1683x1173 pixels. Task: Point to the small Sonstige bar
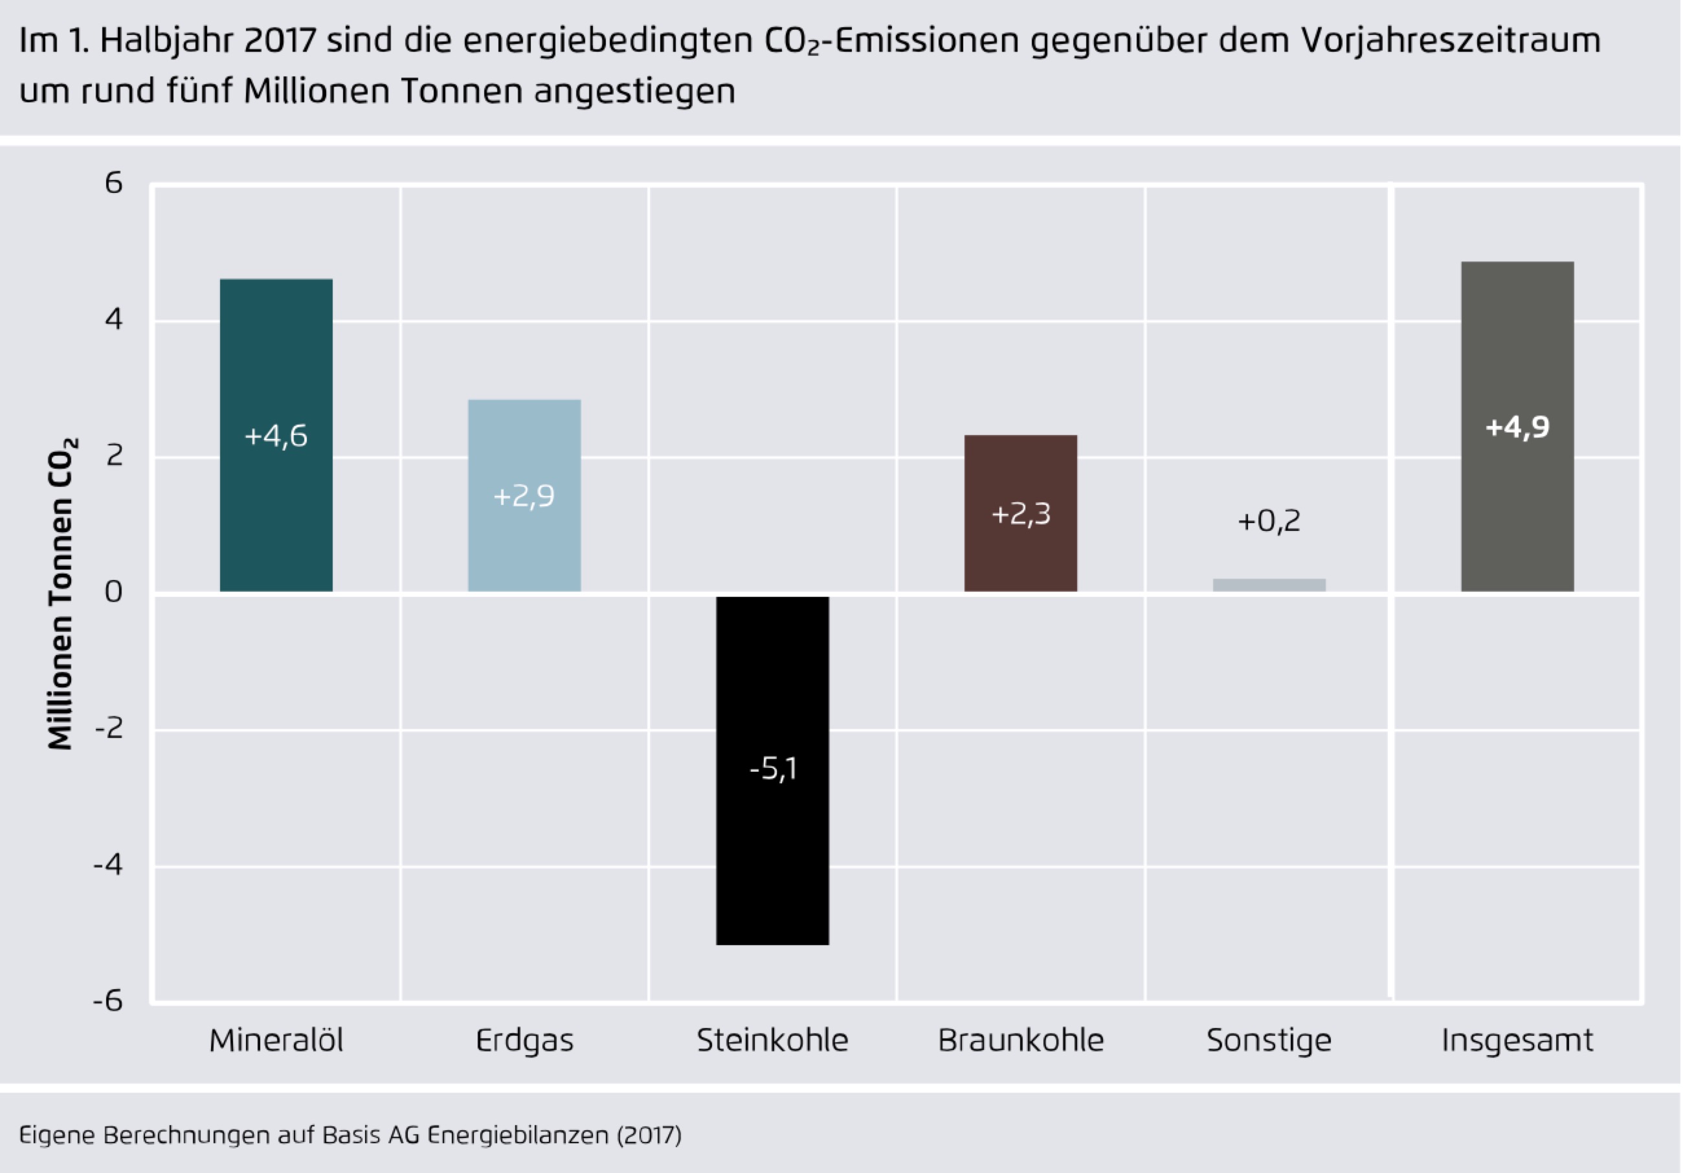tap(1269, 585)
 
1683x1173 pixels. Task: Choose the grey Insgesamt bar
tap(1517, 330)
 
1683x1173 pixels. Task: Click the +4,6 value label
tap(276, 436)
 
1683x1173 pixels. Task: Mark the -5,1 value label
tap(773, 769)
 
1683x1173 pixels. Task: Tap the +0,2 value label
tap(1269, 521)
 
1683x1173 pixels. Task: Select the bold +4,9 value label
tap(1517, 427)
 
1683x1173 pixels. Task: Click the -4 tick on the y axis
tap(109, 865)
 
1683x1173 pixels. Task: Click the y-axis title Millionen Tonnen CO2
tap(61, 594)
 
